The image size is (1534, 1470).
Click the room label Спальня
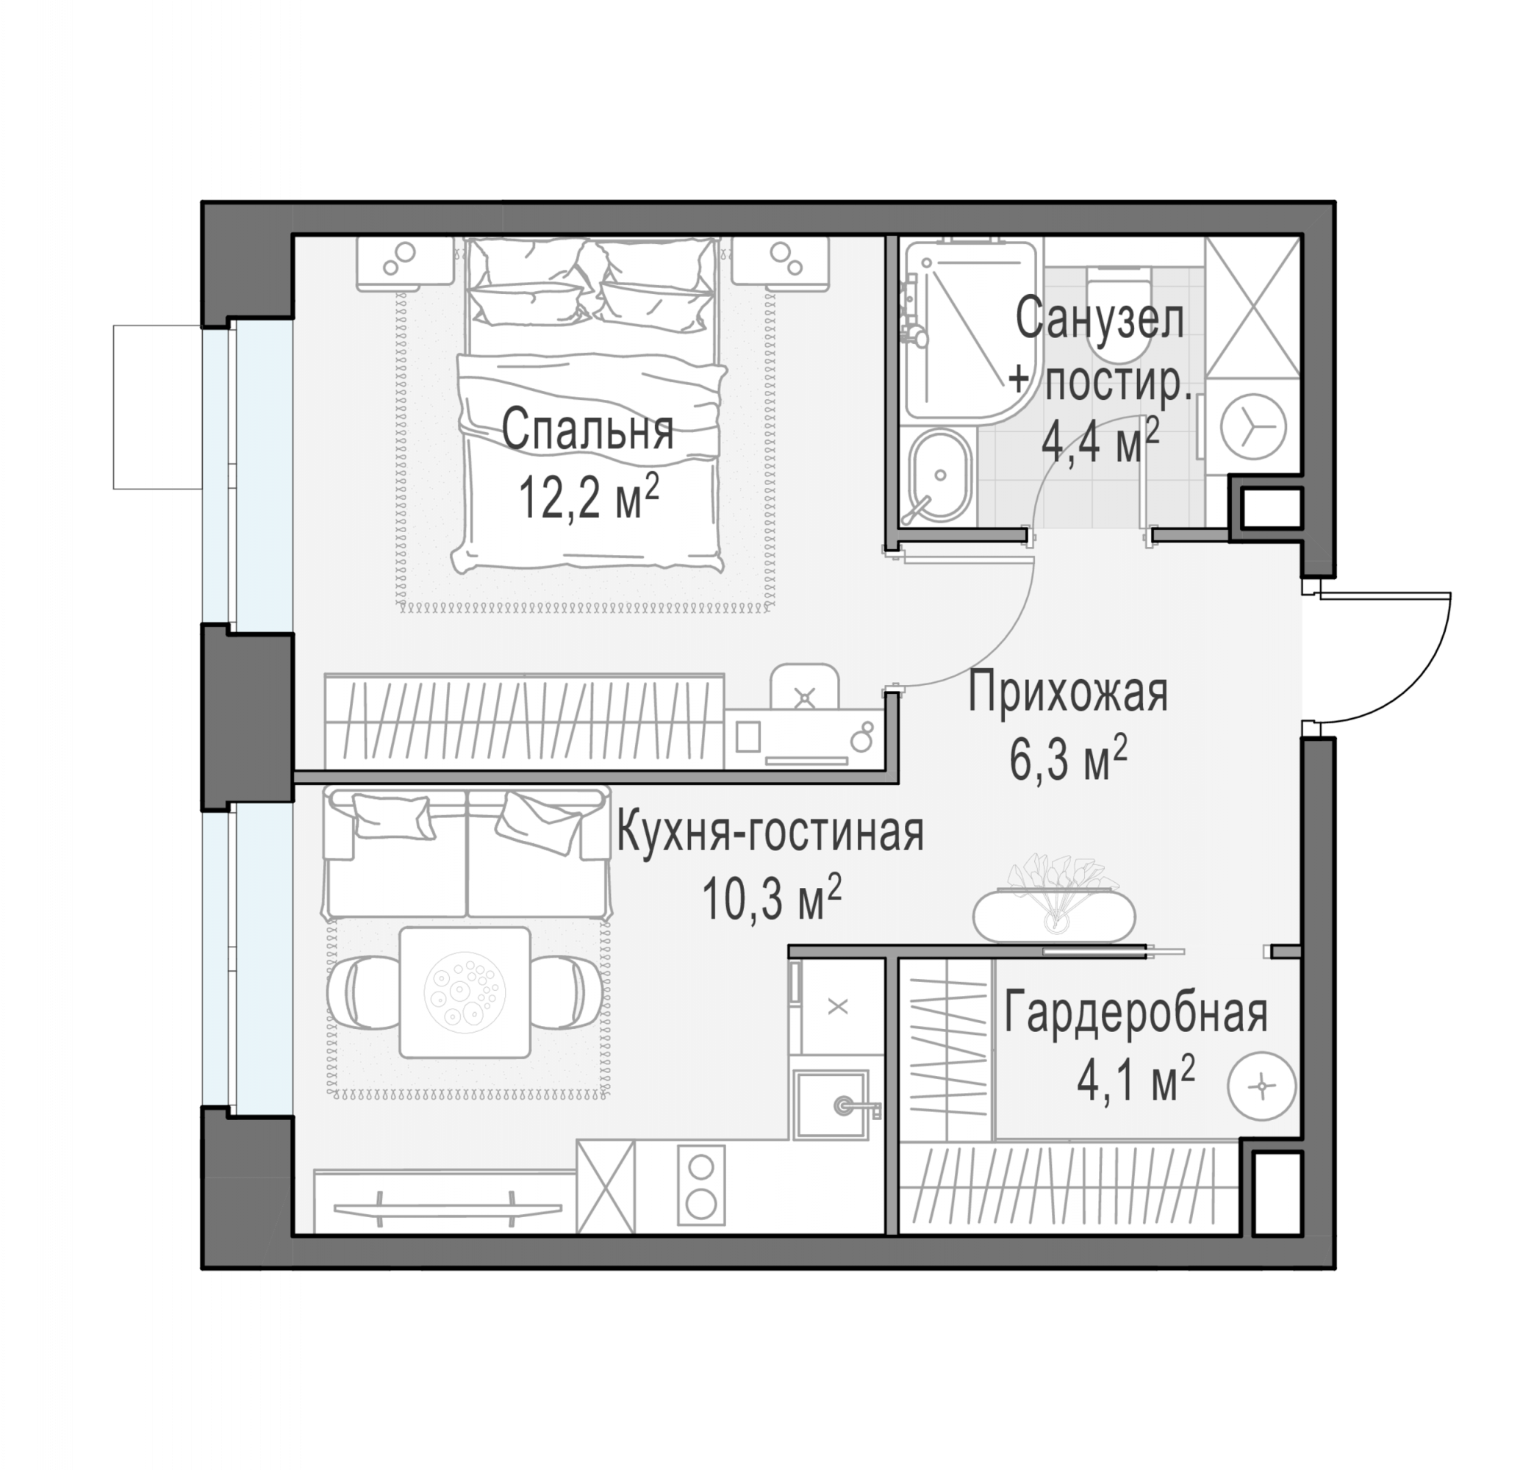587,431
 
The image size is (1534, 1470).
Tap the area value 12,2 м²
589,497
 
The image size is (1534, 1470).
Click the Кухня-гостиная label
770,832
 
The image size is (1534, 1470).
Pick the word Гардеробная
1136,1012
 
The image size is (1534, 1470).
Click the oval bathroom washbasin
940,474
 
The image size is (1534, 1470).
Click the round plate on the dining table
465,992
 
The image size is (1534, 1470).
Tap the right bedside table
781,264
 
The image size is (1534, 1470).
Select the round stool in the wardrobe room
1261,1086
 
